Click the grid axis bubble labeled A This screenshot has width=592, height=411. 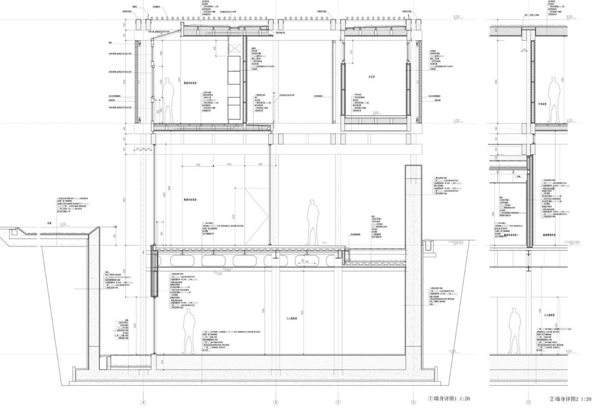(143, 402)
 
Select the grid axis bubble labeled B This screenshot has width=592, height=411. (276, 402)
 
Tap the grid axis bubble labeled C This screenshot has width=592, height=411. (338, 402)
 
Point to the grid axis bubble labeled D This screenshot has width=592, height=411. (413, 402)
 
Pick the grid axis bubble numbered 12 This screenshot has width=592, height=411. (528, 402)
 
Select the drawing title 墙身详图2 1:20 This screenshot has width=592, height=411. (569, 399)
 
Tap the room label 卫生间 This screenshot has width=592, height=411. (371, 77)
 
